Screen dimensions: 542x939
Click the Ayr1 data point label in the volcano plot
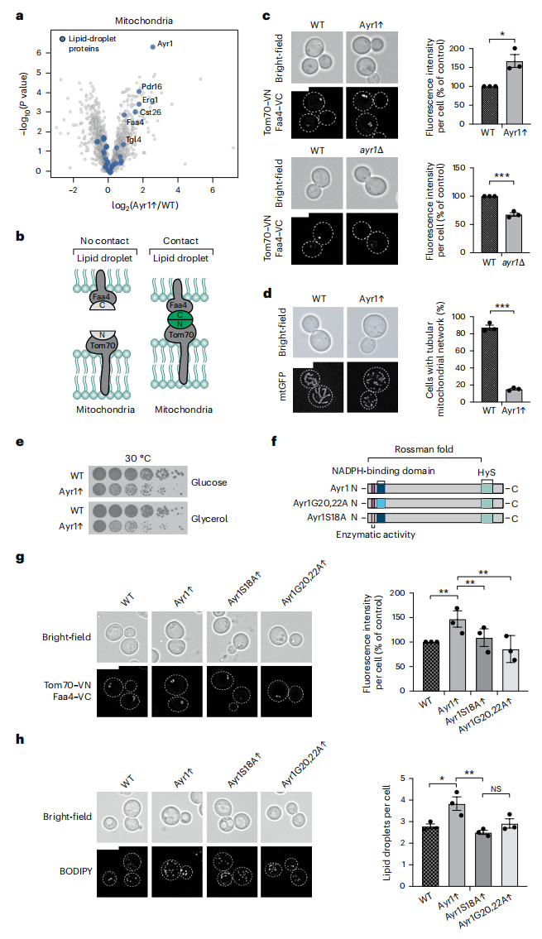[x=165, y=44]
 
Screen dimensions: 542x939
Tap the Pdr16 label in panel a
[x=151, y=87]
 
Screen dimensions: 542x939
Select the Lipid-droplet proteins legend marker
[x=62, y=39]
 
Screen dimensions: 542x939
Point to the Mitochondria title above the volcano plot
[x=144, y=21]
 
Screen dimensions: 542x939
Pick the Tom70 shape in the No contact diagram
[x=103, y=353]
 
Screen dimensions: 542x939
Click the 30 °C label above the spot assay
[x=137, y=458]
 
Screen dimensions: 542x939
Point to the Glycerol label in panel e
[x=209, y=519]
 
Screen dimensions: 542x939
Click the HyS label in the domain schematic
[x=486, y=472]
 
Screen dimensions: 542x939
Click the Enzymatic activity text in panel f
[x=376, y=534]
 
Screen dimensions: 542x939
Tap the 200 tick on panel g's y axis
[x=397, y=593]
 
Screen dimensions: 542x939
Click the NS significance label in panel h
[x=496, y=788]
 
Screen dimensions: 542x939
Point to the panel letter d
[x=268, y=294]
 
